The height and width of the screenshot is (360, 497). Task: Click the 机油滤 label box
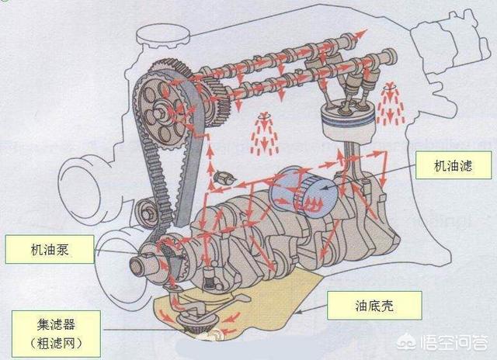(454, 165)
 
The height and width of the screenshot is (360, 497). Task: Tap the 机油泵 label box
(50, 249)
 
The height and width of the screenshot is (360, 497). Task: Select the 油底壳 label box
(374, 306)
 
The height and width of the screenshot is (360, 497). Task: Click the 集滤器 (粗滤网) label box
(56, 334)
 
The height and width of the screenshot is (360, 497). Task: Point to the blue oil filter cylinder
(305, 192)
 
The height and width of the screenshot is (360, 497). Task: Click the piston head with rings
(348, 119)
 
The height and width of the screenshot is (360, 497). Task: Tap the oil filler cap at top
(163, 36)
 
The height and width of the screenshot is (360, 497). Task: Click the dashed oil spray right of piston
(391, 104)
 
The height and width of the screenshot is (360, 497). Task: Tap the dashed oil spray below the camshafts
(264, 133)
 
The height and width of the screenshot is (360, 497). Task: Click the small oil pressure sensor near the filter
(224, 178)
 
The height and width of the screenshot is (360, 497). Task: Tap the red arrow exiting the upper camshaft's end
(357, 35)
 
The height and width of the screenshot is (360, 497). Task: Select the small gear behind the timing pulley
(216, 102)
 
